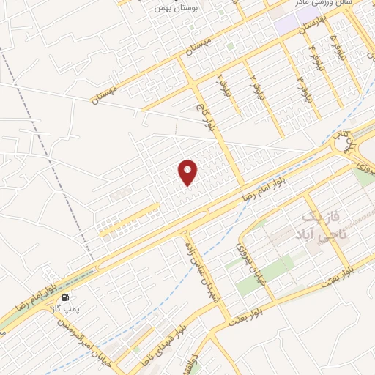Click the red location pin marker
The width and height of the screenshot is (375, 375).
189,171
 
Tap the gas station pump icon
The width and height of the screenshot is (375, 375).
67,297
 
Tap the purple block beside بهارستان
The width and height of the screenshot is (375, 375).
292,20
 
